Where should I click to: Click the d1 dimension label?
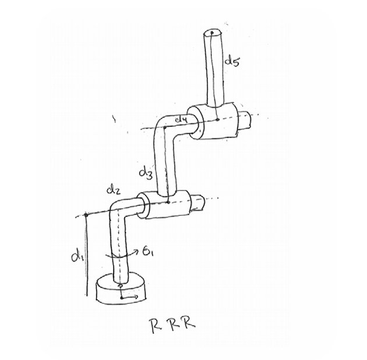(x=77, y=257)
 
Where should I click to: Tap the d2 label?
(x=114, y=190)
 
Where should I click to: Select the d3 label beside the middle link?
(x=146, y=174)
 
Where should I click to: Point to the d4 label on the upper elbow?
(x=181, y=120)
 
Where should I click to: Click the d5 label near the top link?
(x=232, y=61)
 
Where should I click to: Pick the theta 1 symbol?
(x=148, y=252)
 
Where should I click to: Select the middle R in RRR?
(x=174, y=324)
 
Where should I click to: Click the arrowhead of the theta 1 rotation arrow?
(x=137, y=251)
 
